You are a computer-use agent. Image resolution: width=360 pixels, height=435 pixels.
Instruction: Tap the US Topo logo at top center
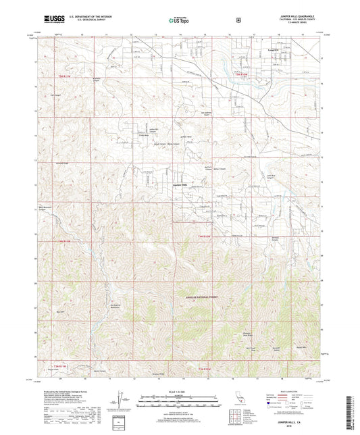click(178, 20)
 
